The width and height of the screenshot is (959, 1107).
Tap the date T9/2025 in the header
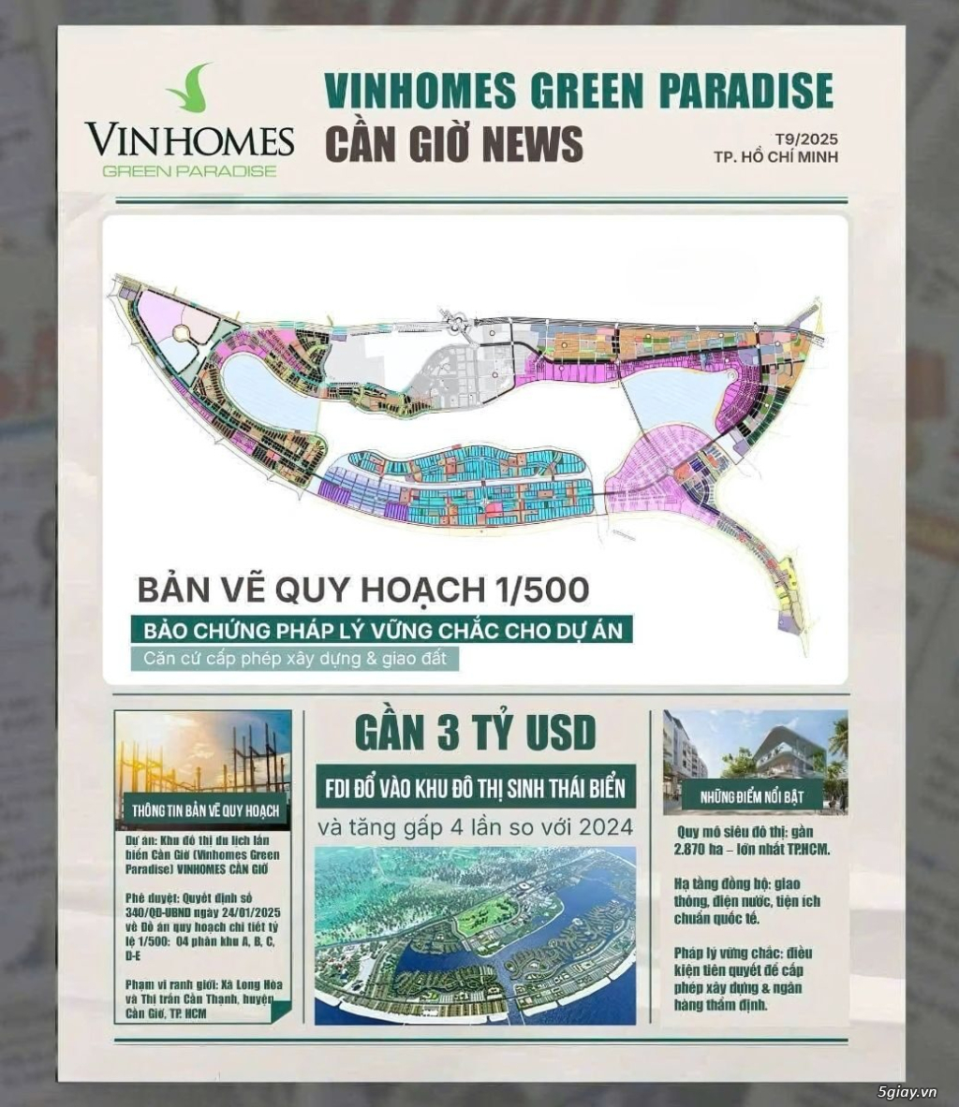[x=807, y=138]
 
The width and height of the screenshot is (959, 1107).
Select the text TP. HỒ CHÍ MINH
[x=775, y=157]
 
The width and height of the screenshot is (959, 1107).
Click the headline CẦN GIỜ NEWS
[x=453, y=143]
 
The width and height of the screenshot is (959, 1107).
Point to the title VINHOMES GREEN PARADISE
[x=578, y=90]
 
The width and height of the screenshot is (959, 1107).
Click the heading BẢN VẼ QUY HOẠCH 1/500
[x=363, y=590]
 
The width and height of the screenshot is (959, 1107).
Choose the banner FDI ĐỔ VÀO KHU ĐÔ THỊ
[x=475, y=787]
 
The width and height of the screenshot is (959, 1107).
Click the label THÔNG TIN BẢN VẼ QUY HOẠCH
[x=205, y=810]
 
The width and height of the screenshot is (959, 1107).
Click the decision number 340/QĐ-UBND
[x=155, y=912]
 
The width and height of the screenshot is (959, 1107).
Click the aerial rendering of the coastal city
[x=475, y=937]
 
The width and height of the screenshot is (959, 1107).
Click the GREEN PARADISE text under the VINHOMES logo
[x=189, y=171]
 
